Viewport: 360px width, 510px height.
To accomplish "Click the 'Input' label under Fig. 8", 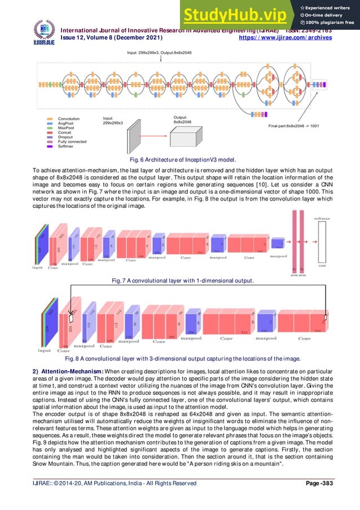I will point(44,351).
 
